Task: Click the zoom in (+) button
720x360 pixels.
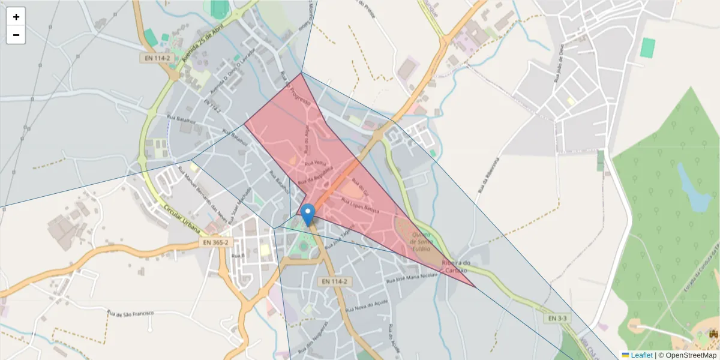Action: (x=16, y=17)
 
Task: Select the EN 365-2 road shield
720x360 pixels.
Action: (x=216, y=242)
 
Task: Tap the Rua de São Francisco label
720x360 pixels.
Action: (x=130, y=313)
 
